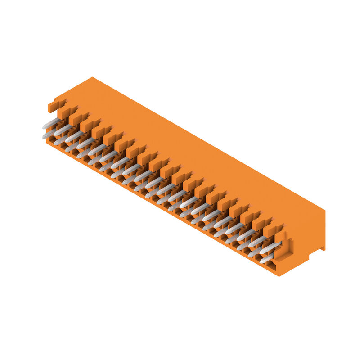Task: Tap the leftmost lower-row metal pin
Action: pos(49,133)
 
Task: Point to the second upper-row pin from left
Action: pos(63,129)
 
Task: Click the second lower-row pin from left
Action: pos(60,140)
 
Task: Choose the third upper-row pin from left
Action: pos(75,135)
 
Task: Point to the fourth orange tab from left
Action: pos(89,125)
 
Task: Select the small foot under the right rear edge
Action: pos(322,248)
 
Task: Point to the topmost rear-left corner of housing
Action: pos(92,78)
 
